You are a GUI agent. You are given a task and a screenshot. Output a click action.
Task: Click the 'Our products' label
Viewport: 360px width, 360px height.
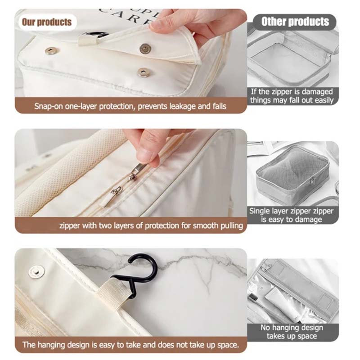47,22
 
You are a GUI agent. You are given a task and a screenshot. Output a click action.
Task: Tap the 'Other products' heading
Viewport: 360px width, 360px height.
295,22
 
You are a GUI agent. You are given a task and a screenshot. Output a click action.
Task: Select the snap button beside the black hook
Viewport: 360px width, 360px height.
36,272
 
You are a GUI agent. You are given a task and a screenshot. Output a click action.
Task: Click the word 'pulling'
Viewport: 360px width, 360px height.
232,226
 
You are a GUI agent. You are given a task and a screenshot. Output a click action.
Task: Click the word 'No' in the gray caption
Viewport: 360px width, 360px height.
265,328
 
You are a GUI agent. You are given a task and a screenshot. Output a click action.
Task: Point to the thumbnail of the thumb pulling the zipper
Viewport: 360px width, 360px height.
149,155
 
